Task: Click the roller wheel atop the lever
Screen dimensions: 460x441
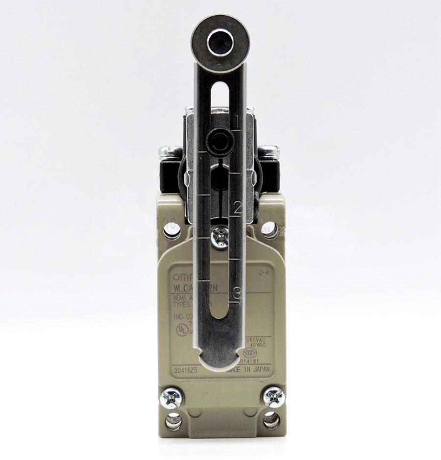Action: coord(219,41)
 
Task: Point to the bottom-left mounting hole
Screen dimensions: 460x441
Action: coord(173,420)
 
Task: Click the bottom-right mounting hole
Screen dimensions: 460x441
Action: coord(271,420)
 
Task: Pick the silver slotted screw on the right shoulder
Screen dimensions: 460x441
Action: coord(269,151)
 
